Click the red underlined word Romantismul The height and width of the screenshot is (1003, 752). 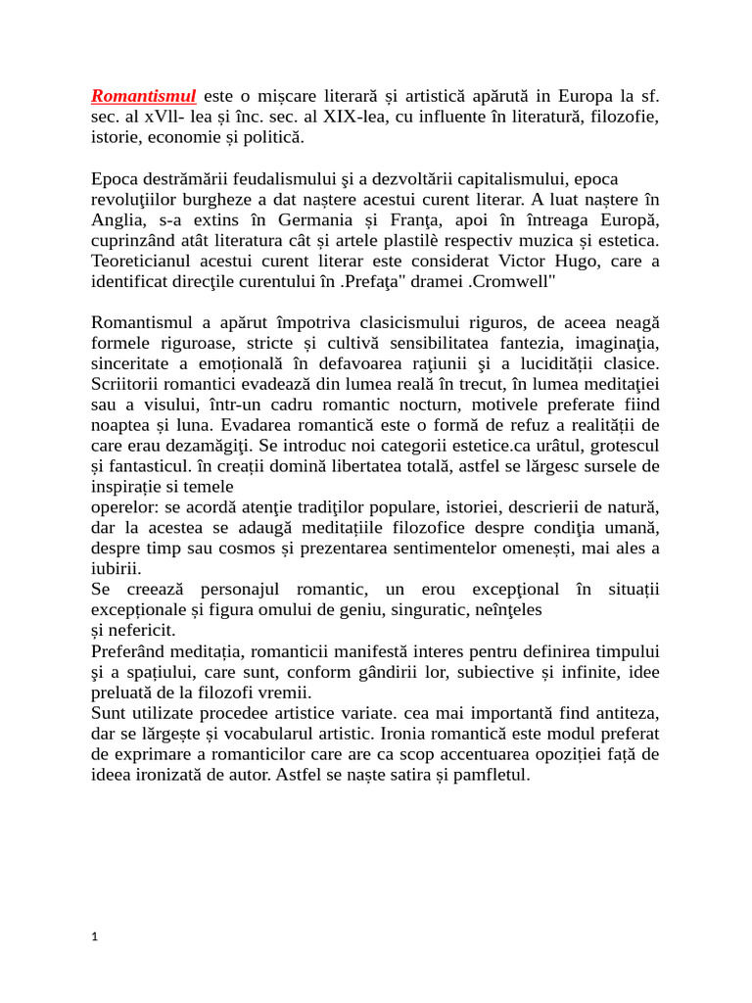click(x=143, y=96)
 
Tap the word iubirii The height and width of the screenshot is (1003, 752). click(x=116, y=569)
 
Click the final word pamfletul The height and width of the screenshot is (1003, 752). click(x=483, y=774)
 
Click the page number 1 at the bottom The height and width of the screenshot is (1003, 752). click(x=95, y=937)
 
